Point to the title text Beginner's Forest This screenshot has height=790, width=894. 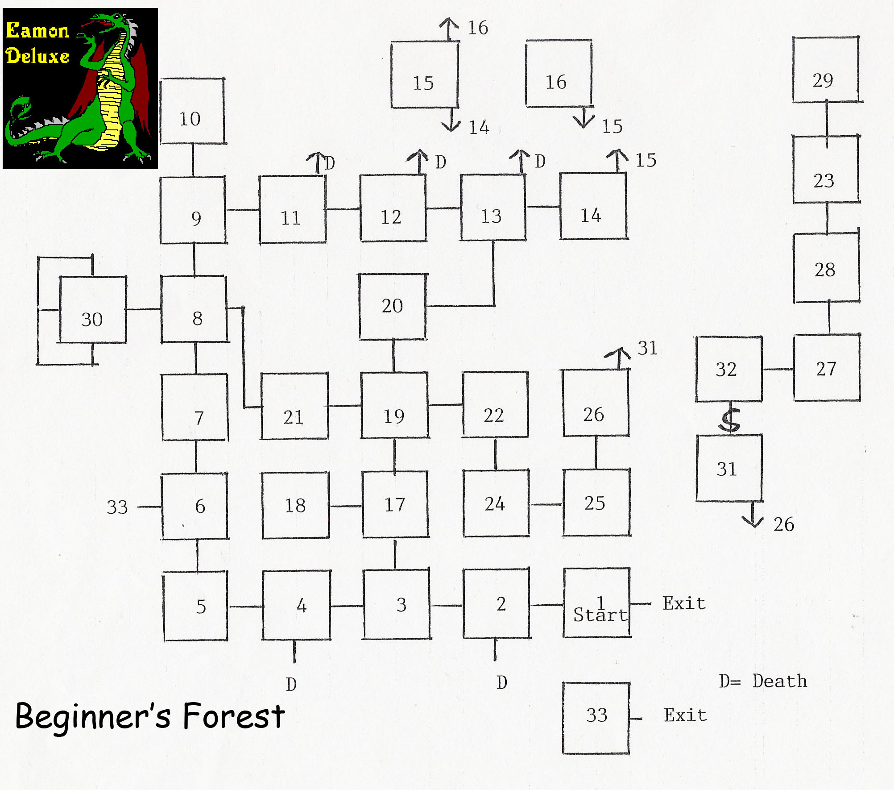pyautogui.click(x=150, y=716)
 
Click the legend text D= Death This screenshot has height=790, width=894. pyautogui.click(x=763, y=682)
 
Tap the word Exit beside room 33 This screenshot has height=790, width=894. pyautogui.click(x=685, y=715)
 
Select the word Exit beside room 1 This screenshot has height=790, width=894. pyautogui.click(x=684, y=603)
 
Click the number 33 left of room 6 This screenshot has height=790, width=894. pyautogui.click(x=117, y=507)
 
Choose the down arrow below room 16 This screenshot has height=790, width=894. pyautogui.click(x=584, y=117)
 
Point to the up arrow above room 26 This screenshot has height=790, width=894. pyautogui.click(x=618, y=358)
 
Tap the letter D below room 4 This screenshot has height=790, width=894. pyautogui.click(x=291, y=684)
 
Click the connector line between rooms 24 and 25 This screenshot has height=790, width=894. pyautogui.click(x=546, y=505)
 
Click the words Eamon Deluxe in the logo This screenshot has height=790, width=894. pyautogui.click(x=37, y=43)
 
